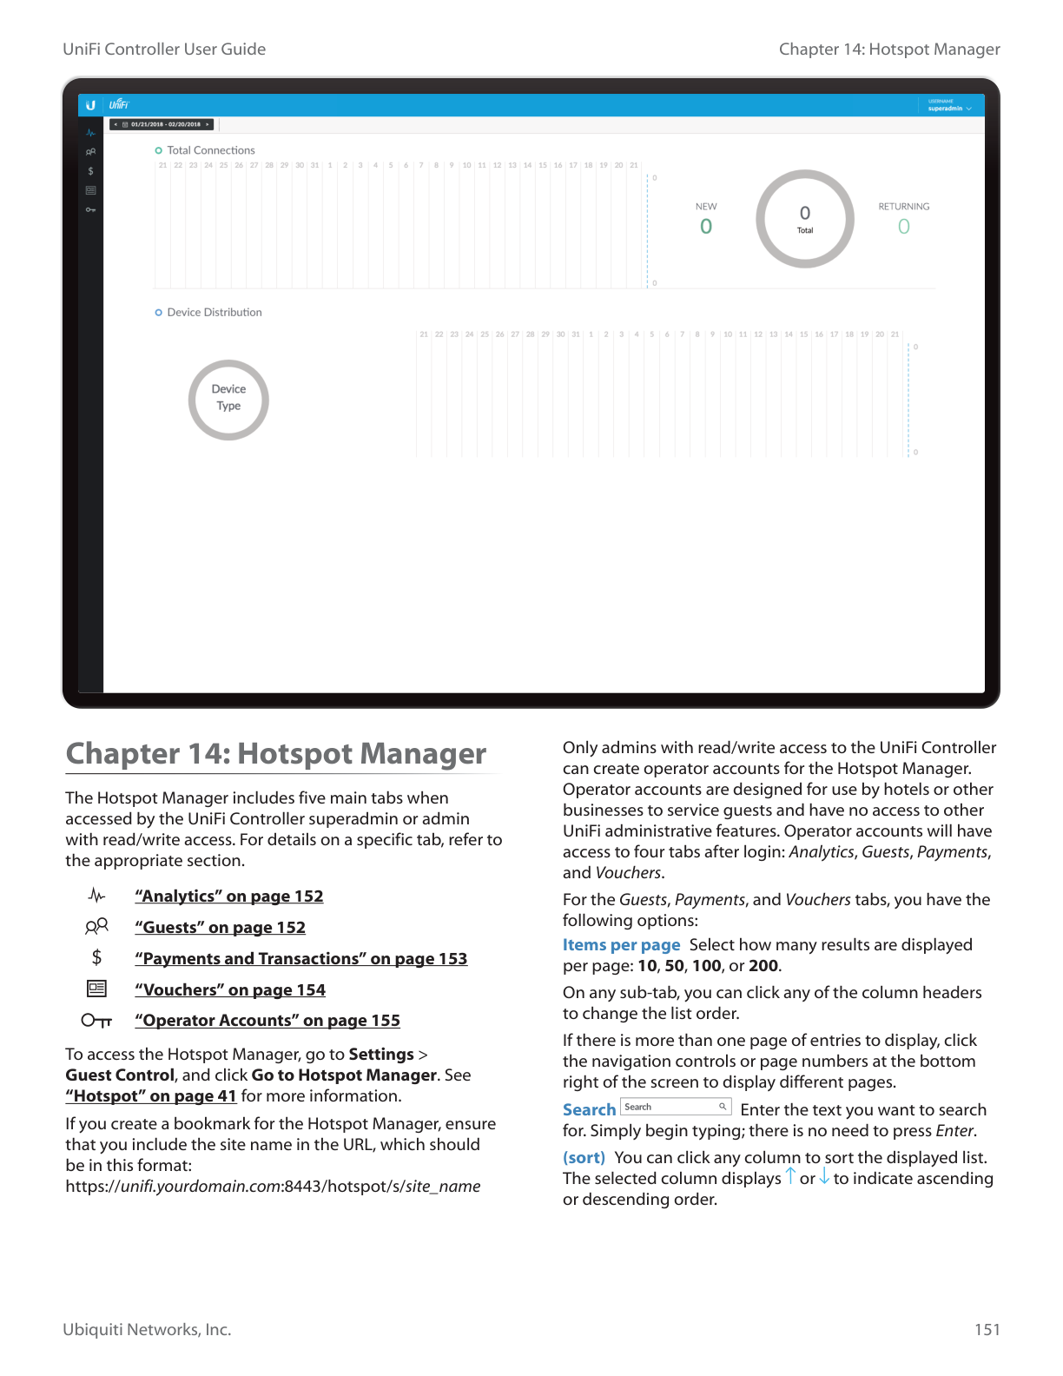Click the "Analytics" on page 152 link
pos(228,896)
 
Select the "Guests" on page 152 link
pos(220,928)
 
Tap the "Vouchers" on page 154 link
pos(230,990)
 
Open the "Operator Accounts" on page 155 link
pos(267,1021)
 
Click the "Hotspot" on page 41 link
pos(151,1096)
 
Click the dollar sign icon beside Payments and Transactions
pos(96,957)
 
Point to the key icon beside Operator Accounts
pos(96,1021)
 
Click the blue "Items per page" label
pos(621,945)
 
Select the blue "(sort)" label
pos(584,1158)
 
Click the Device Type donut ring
pos(228,400)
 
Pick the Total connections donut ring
pos(805,219)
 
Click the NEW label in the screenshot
pos(706,207)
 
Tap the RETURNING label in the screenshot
pos(903,207)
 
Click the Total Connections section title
pos(211,150)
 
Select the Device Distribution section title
pos(214,313)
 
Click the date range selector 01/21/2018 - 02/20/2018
pos(162,124)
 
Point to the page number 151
pos(987,1330)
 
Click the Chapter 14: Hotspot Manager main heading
pos(276,754)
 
